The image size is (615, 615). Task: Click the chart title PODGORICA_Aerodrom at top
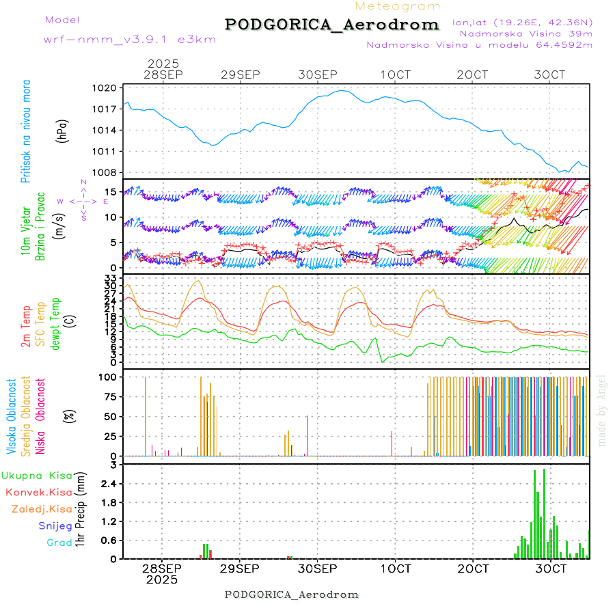tap(332, 25)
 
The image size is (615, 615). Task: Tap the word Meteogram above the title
tap(398, 6)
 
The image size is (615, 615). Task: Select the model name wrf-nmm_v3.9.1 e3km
tap(130, 40)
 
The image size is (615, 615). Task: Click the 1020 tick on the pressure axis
tap(106, 88)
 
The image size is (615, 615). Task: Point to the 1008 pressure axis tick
tap(106, 172)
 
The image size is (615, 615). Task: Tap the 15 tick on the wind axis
tap(111, 190)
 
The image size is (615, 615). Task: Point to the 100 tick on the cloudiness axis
tap(107, 377)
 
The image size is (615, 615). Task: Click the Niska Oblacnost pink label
tap(41, 415)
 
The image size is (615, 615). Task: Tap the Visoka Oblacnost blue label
tap(12, 415)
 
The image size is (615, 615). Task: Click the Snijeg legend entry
tap(55, 526)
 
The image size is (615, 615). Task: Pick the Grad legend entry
tap(59, 543)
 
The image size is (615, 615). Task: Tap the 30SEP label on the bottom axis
tap(318, 569)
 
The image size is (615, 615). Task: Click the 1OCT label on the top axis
tap(396, 74)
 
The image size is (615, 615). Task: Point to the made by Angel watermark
tap(602, 410)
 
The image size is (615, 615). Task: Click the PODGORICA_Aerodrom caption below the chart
tap(292, 594)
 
